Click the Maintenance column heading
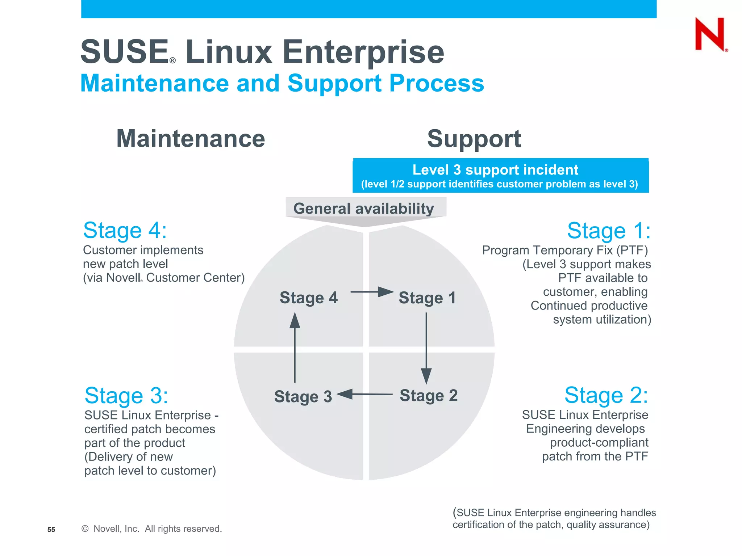[191, 139]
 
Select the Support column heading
[474, 139]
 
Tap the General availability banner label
[363, 208]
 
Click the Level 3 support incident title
[495, 170]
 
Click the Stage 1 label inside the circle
[427, 298]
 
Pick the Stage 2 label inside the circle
[429, 395]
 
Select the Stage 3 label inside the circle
[303, 396]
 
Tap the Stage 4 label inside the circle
[308, 298]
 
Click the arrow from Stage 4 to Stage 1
[372, 292]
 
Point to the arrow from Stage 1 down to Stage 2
[426, 347]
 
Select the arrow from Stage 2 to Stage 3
[364, 394]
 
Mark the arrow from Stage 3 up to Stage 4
[295, 347]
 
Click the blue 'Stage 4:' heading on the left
[125, 231]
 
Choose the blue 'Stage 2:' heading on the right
[606, 395]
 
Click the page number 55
[51, 530]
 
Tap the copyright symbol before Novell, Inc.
[85, 529]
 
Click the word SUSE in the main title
[124, 52]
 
